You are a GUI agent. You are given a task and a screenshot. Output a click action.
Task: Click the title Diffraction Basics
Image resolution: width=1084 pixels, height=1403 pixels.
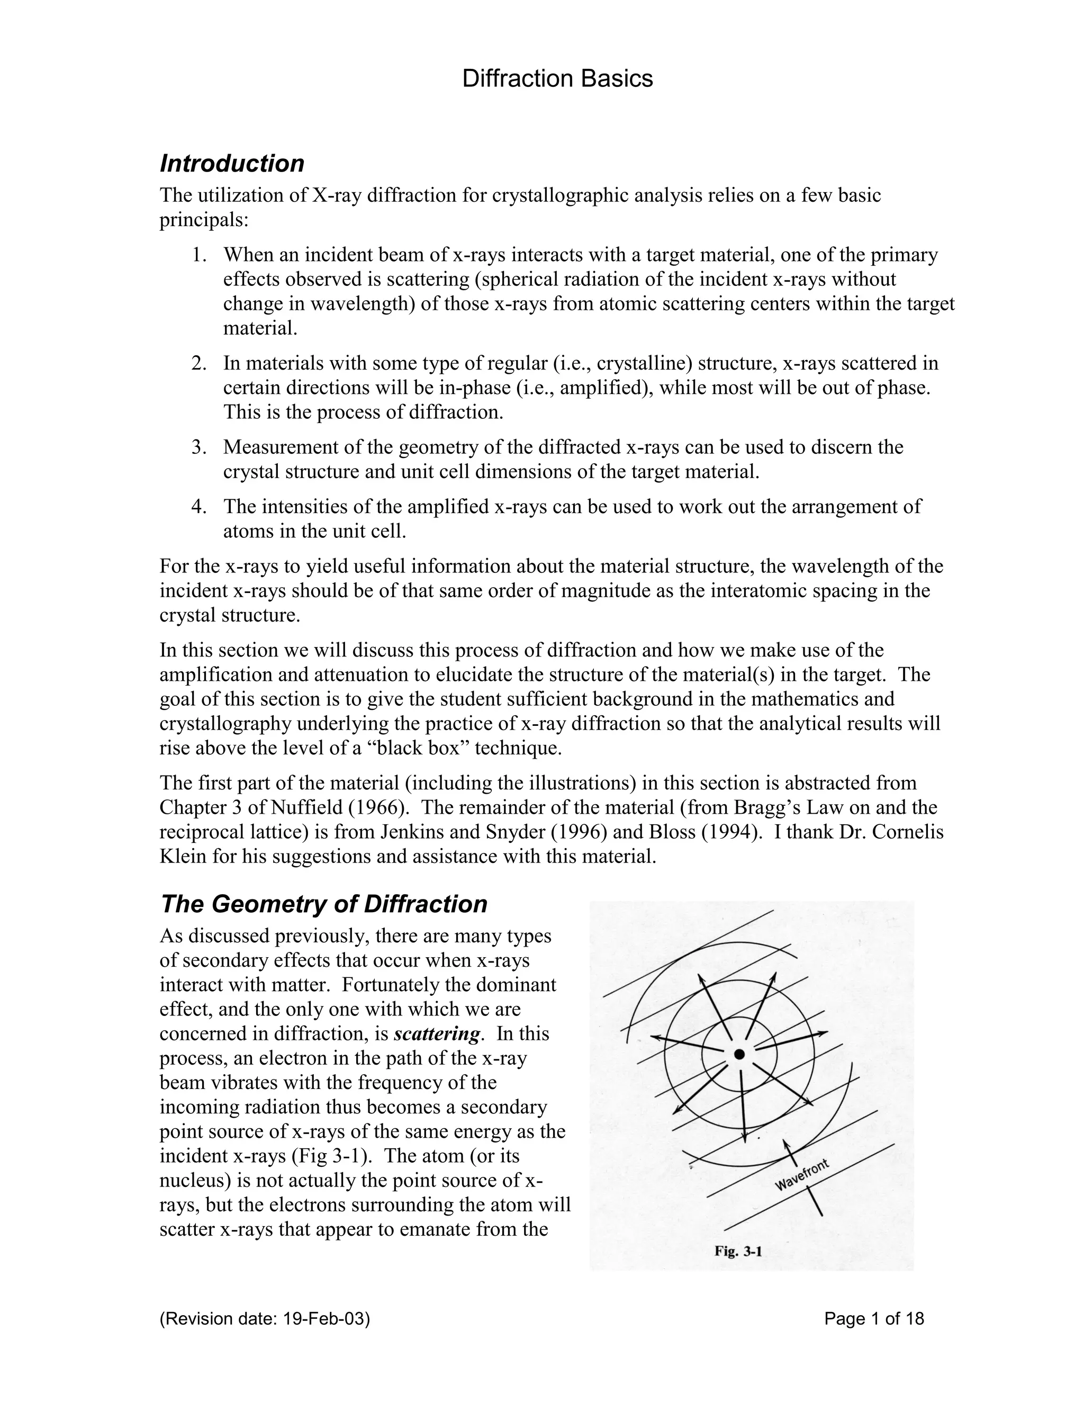557,78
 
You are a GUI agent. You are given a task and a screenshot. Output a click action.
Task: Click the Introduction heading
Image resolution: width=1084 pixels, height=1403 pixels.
231,163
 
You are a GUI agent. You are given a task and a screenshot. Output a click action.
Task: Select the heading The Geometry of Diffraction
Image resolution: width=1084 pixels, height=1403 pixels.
323,903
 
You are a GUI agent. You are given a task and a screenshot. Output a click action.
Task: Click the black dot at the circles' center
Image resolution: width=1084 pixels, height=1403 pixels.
739,1054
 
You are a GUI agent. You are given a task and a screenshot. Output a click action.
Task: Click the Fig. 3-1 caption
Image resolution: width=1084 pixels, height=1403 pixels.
738,1251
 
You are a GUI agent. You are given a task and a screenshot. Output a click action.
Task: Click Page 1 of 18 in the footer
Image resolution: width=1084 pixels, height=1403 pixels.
874,1319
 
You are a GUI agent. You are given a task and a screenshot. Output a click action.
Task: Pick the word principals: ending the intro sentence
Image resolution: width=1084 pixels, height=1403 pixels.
204,220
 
